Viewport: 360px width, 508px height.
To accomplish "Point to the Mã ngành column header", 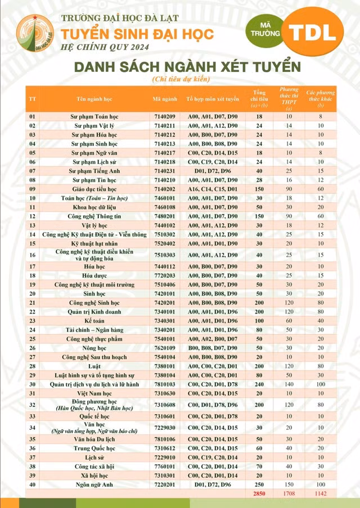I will point(164,98).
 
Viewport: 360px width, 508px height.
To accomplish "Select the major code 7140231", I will point(164,171).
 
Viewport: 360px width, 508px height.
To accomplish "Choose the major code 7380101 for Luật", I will point(164,366).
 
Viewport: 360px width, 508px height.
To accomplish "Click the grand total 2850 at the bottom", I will point(259,493).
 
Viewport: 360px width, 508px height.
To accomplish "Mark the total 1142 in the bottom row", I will point(321,493).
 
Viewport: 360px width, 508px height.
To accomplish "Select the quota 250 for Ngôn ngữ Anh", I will point(259,484).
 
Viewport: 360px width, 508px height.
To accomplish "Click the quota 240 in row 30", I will point(259,384).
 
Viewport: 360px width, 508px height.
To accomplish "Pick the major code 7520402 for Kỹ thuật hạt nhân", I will point(164,243).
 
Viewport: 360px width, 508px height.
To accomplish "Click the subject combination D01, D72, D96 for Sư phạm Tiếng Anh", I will point(213,171).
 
